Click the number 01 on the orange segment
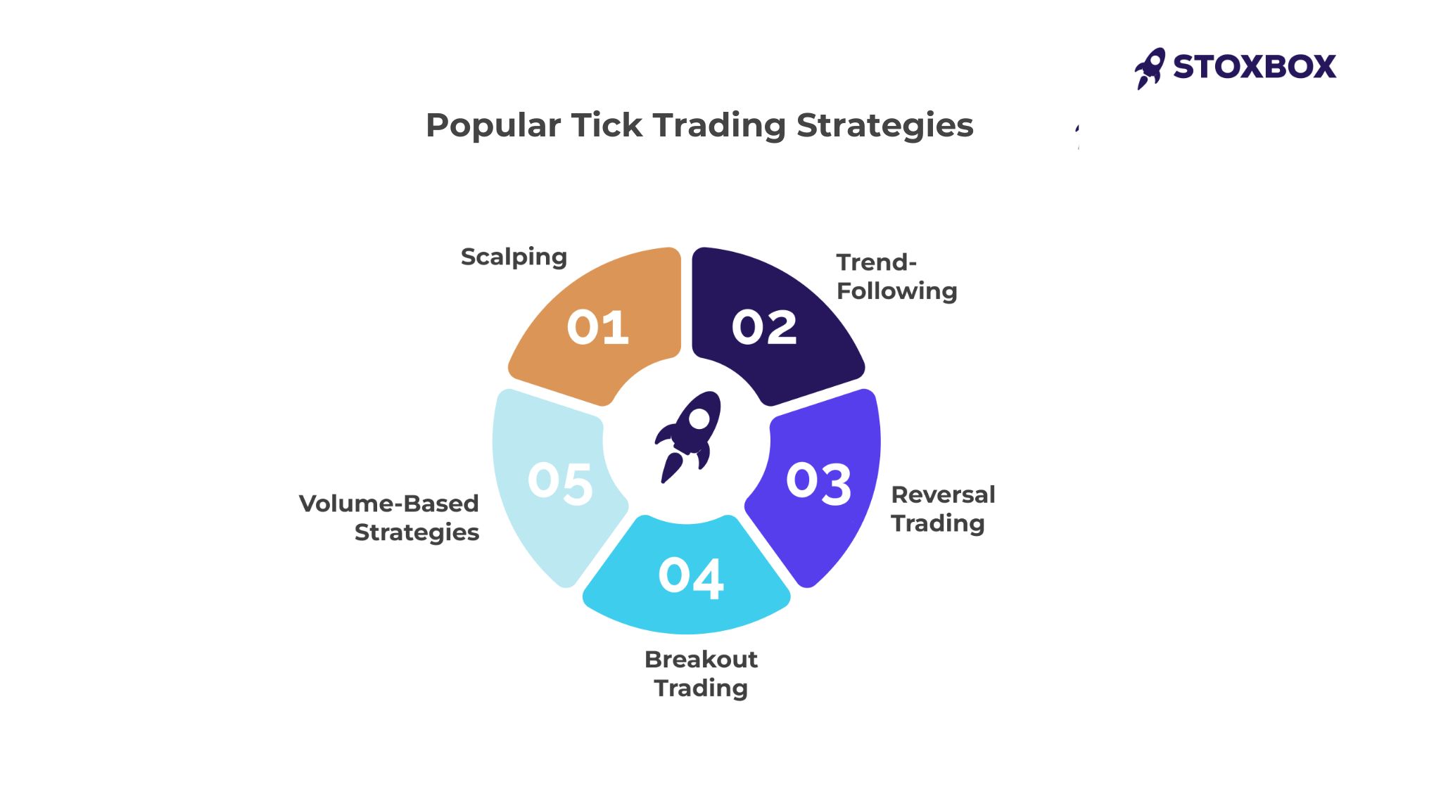pyautogui.click(x=597, y=327)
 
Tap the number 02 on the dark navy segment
pyautogui.click(x=764, y=327)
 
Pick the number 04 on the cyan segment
pyautogui.click(x=691, y=577)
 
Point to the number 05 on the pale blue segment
pyautogui.click(x=560, y=483)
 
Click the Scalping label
pyautogui.click(x=514, y=257)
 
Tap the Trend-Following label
pyautogui.click(x=896, y=276)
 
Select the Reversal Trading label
pyautogui.click(x=943, y=508)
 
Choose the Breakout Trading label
pyautogui.click(x=701, y=673)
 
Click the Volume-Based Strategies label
pyautogui.click(x=389, y=518)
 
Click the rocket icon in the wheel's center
pyautogui.click(x=687, y=437)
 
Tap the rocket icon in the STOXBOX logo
pyautogui.click(x=1150, y=68)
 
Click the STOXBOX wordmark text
pyautogui.click(x=1255, y=67)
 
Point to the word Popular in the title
pyautogui.click(x=493, y=126)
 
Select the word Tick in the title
pyautogui.click(x=607, y=125)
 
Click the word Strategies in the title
pyautogui.click(x=884, y=126)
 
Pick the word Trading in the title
pyautogui.click(x=719, y=126)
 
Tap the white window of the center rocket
pyautogui.click(x=699, y=418)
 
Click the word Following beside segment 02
pyautogui.click(x=896, y=291)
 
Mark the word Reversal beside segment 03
pyautogui.click(x=943, y=494)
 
